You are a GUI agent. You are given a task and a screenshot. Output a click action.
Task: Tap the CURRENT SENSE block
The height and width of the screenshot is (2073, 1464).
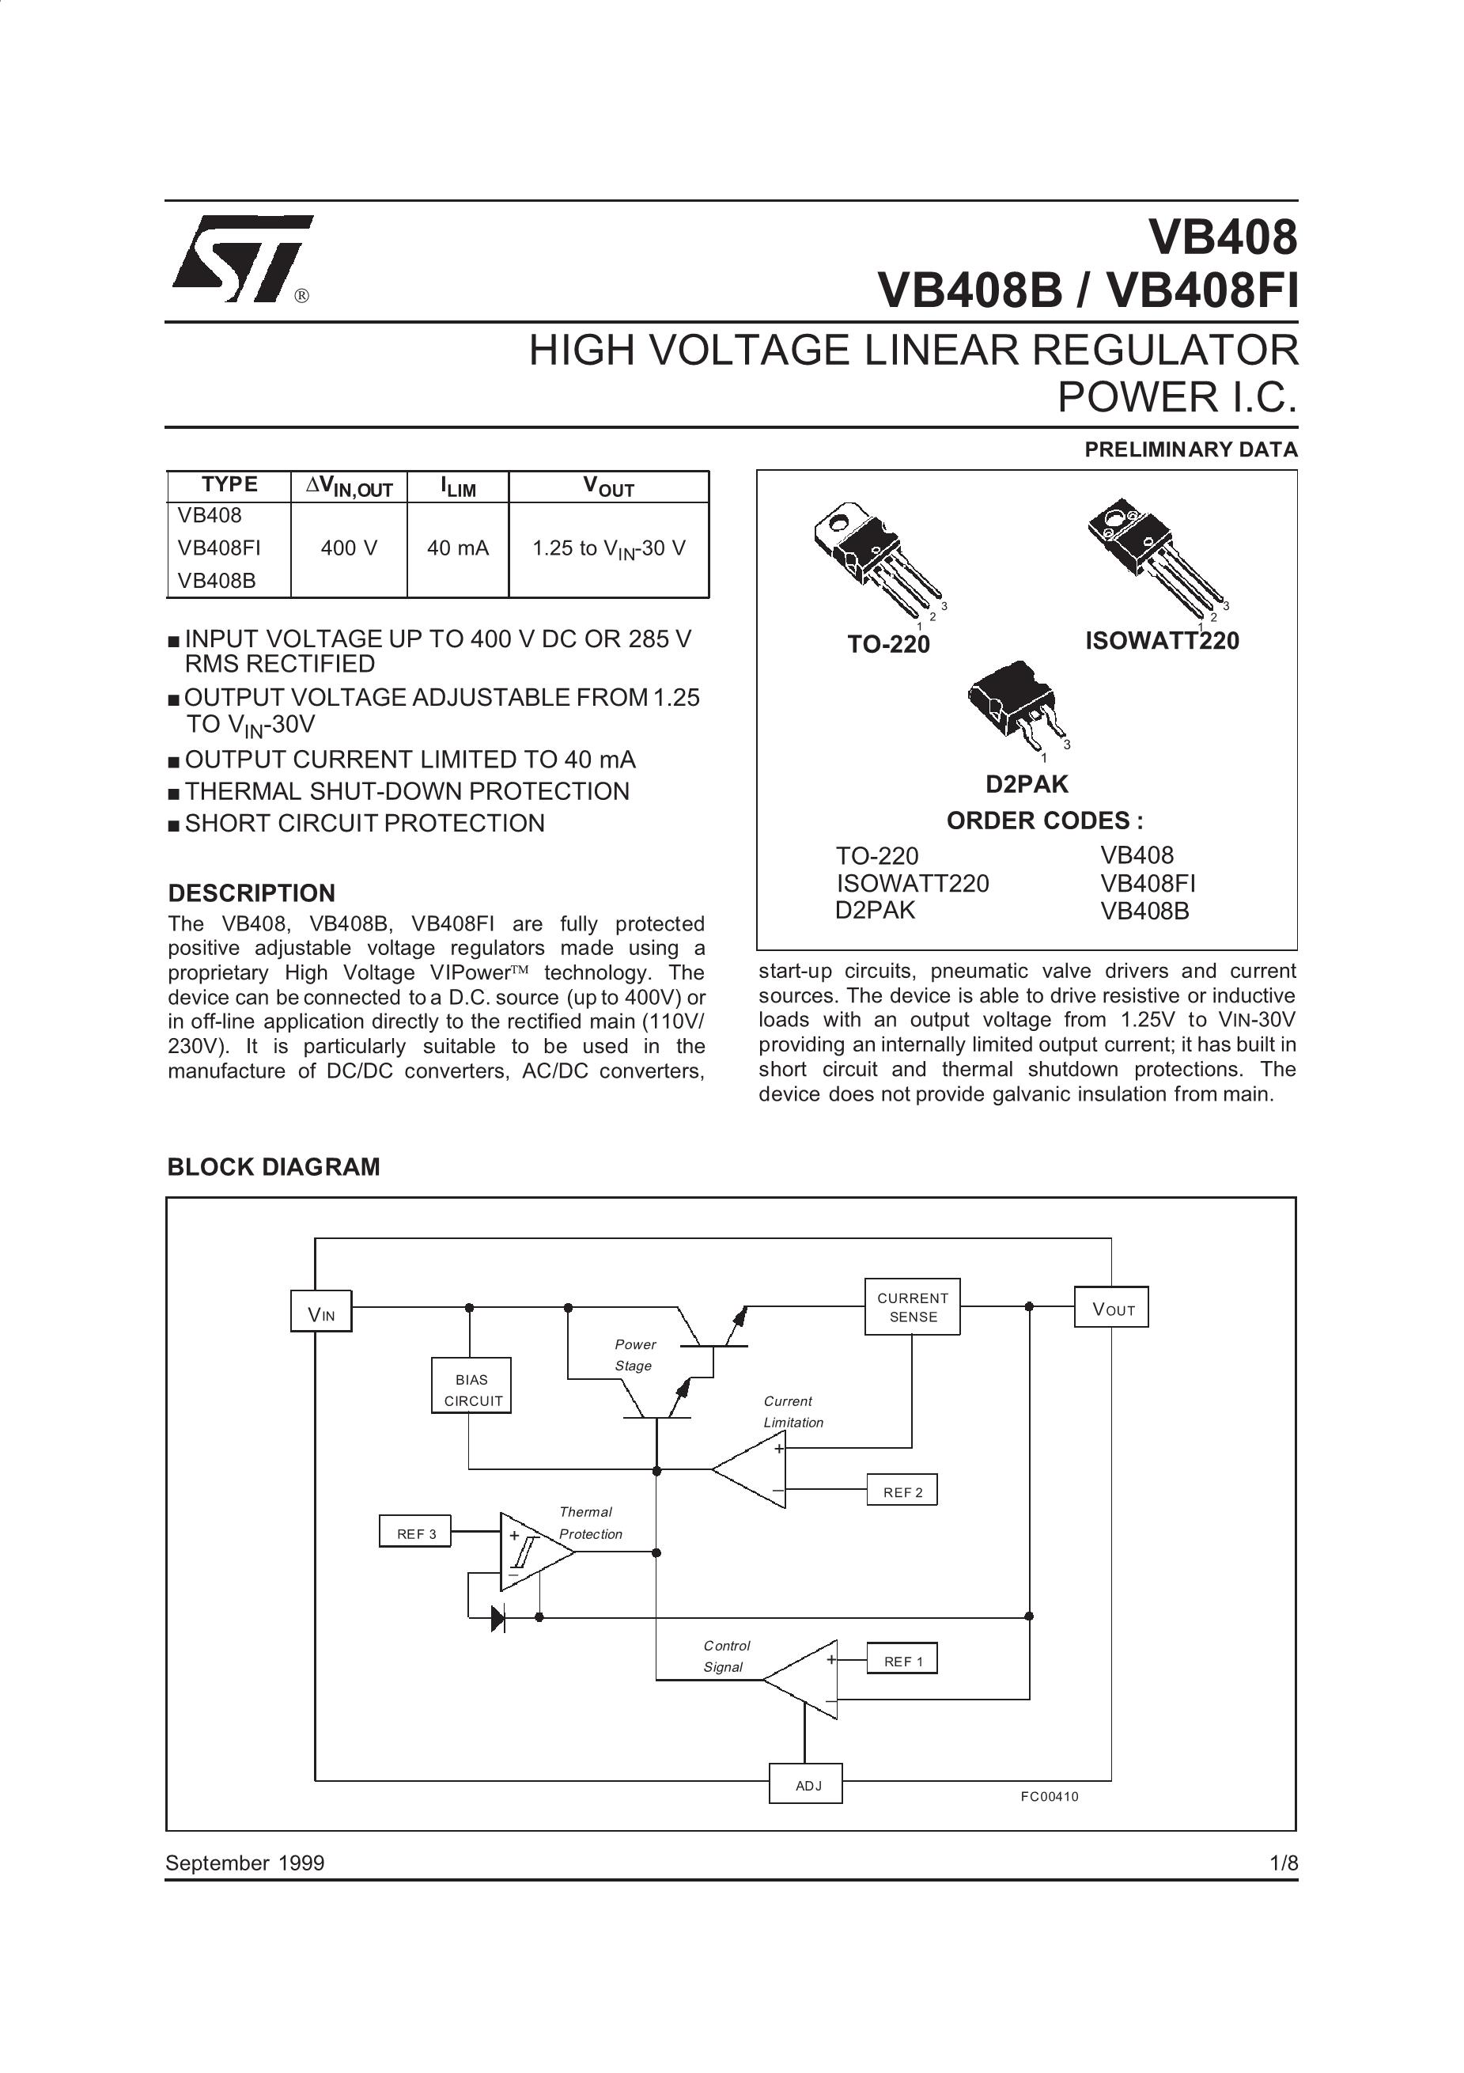(913, 1307)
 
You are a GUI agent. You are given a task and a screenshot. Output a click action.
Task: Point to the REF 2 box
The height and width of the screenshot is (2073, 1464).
(902, 1492)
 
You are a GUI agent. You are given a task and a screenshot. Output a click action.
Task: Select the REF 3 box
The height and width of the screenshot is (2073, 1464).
(415, 1533)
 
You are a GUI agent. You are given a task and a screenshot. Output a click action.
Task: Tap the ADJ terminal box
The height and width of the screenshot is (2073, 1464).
(806, 1785)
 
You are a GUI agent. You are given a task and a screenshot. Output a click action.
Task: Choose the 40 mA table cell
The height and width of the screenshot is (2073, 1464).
(458, 548)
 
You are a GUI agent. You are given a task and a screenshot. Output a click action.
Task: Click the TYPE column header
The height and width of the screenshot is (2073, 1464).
(229, 485)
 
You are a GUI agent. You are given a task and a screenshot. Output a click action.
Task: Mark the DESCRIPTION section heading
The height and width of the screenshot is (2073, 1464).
(252, 893)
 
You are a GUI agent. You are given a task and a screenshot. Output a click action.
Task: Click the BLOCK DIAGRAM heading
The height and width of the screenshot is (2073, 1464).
(274, 1166)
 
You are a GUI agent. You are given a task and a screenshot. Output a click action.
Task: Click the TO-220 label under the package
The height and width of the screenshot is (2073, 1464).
(888, 644)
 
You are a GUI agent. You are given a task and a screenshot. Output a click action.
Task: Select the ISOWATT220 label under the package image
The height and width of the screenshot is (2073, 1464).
(1162, 641)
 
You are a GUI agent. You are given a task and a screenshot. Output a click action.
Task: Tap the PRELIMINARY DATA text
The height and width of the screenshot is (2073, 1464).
(1190, 449)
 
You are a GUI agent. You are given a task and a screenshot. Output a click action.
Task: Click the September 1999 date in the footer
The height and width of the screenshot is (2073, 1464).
(244, 1863)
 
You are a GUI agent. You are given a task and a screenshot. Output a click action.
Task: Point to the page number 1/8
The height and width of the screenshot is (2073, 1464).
(1283, 1863)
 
